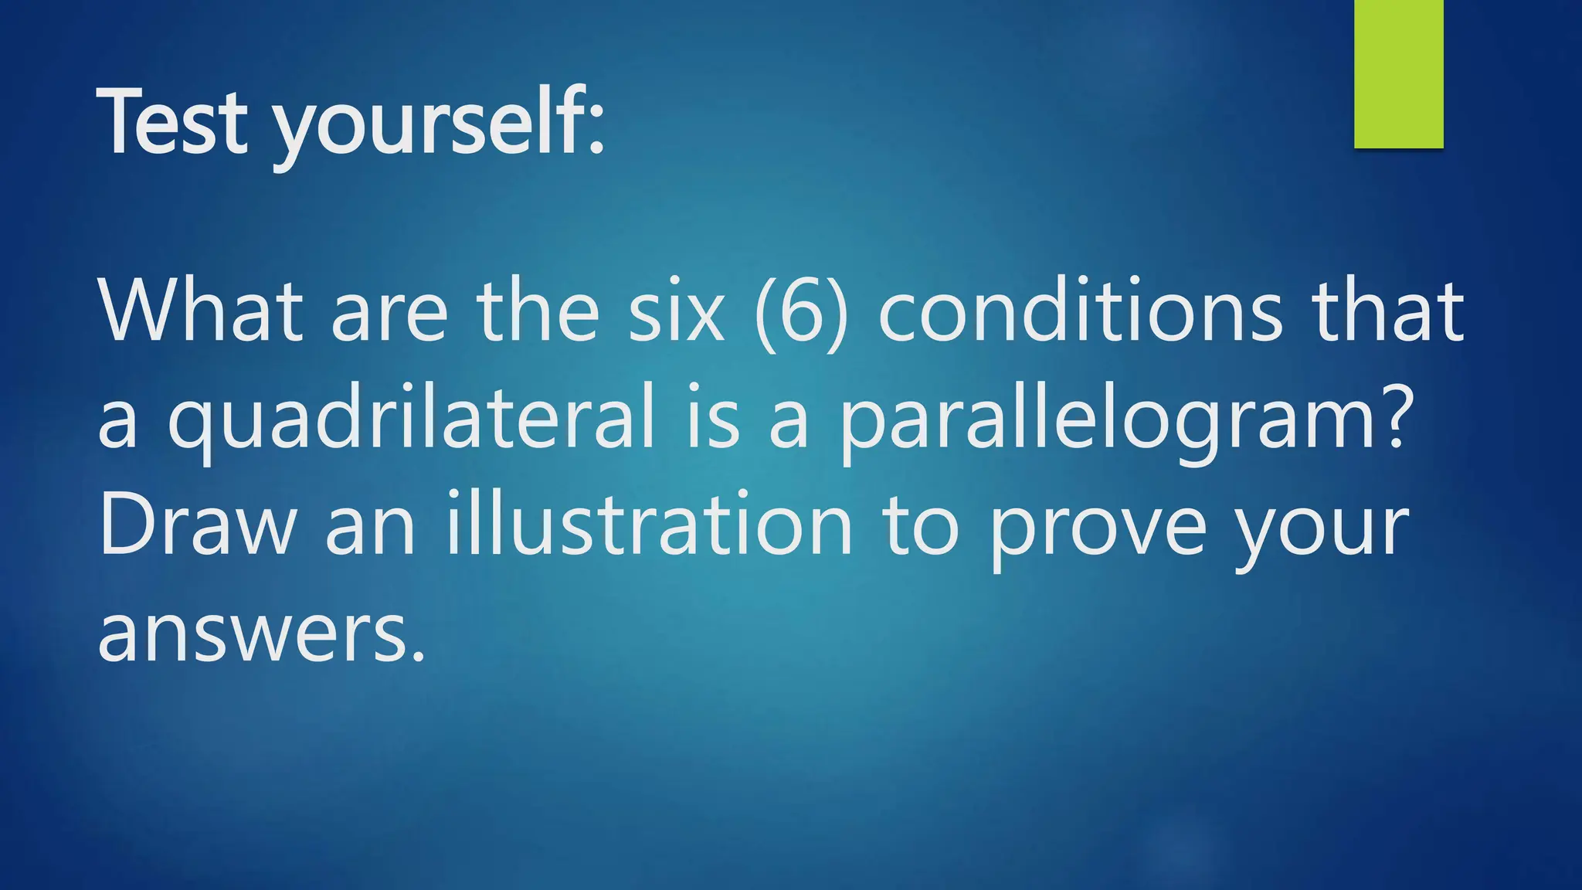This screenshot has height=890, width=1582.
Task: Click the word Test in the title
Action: pyautogui.click(x=173, y=122)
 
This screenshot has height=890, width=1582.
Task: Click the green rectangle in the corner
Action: pyautogui.click(x=1398, y=73)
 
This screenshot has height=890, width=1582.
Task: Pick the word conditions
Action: pyautogui.click(x=1081, y=311)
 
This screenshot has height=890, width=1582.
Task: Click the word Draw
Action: pyautogui.click(x=198, y=526)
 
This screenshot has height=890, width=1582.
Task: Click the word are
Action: pyautogui.click(x=389, y=312)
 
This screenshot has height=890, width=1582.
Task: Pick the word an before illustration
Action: pyautogui.click(x=370, y=528)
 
